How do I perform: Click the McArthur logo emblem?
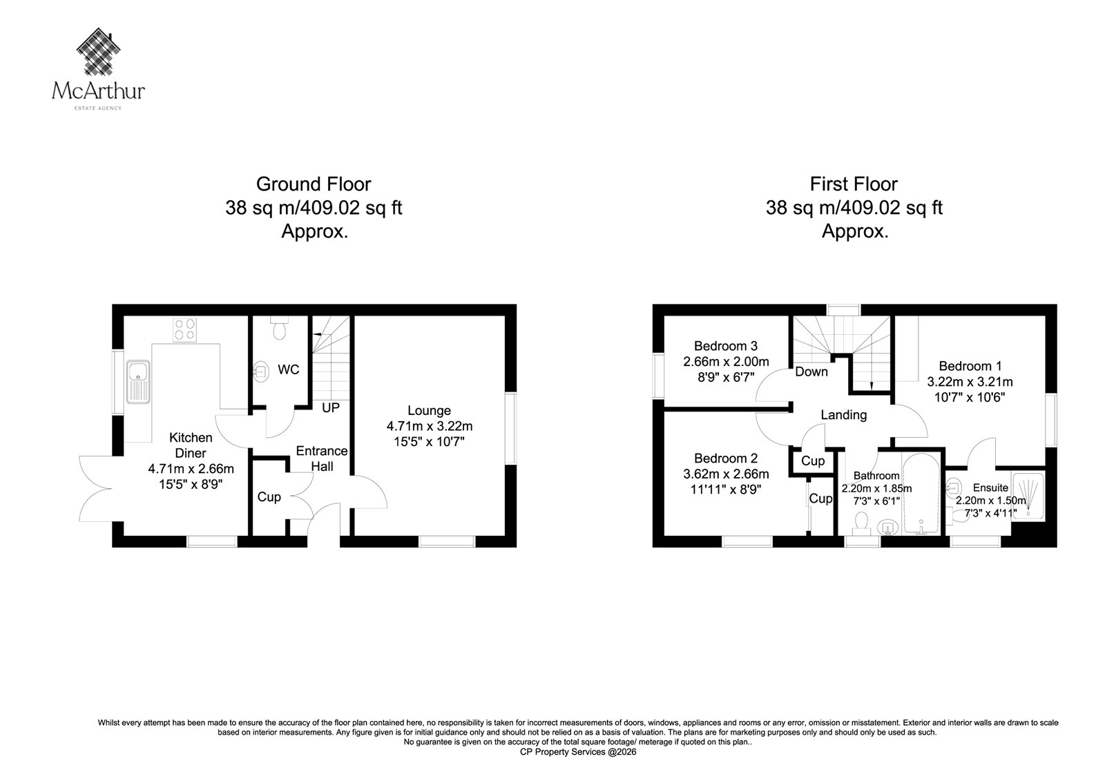(x=99, y=51)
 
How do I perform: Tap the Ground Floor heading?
(x=314, y=184)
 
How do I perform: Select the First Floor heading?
(x=854, y=184)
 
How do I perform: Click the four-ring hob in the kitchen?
(x=184, y=330)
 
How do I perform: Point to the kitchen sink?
(x=138, y=383)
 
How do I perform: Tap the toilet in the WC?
(x=279, y=328)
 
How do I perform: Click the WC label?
(x=289, y=369)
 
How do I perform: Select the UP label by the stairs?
(x=331, y=407)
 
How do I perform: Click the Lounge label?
(x=429, y=410)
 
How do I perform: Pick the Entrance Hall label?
(x=322, y=459)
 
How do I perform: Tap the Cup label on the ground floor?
(x=269, y=496)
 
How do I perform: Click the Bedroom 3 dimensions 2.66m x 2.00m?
(x=726, y=362)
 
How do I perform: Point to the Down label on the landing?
(x=811, y=372)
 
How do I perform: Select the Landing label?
(x=843, y=415)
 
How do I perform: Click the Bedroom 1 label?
(x=970, y=366)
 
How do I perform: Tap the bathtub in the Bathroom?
(x=921, y=493)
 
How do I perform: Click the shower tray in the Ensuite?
(x=1028, y=496)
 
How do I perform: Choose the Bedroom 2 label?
(x=726, y=459)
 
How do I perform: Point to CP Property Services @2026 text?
(x=578, y=753)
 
